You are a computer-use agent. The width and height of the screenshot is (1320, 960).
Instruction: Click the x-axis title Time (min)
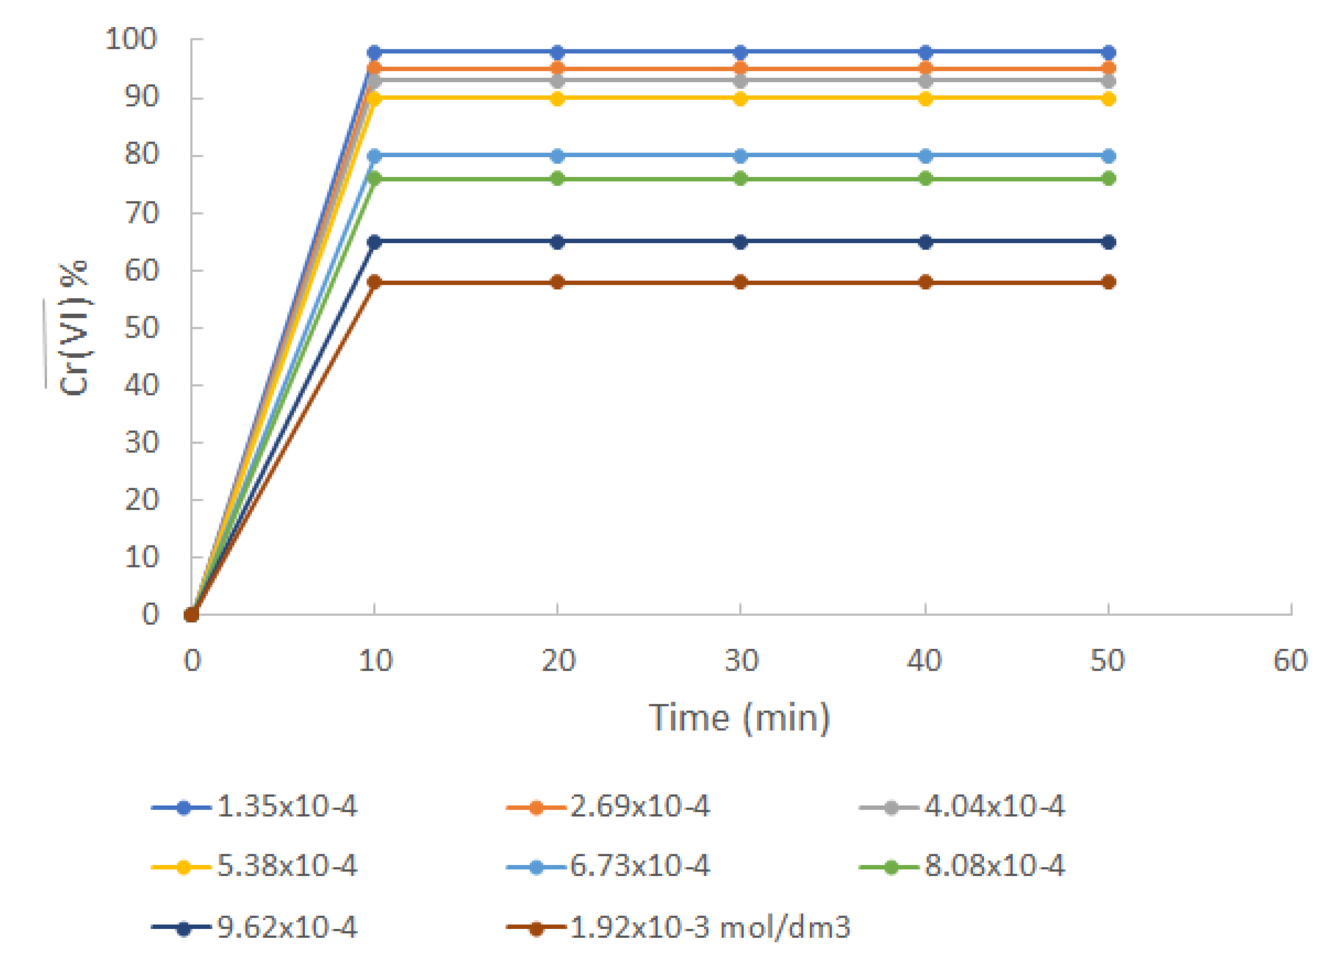[x=739, y=718]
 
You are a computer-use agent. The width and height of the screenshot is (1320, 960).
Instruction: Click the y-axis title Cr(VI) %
[x=74, y=328]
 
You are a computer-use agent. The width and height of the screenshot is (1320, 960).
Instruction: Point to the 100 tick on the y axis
[x=131, y=39]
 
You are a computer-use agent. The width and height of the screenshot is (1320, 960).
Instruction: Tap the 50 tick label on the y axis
[x=142, y=328]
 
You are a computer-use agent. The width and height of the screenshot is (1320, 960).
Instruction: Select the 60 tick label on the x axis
[x=1290, y=661]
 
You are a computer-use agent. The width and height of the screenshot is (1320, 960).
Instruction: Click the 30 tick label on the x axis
[x=741, y=661]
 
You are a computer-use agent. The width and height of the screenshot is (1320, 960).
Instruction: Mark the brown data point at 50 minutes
[x=1109, y=282]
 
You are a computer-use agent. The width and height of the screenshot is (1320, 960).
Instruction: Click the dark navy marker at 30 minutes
[x=740, y=242]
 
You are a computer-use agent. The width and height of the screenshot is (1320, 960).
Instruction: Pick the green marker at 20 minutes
[x=557, y=179]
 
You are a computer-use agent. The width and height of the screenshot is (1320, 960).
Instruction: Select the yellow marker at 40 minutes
[x=925, y=99]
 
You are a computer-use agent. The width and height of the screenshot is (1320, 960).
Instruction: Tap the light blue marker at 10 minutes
[x=374, y=156]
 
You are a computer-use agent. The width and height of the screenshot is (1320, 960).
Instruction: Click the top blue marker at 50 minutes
[x=1109, y=52]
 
